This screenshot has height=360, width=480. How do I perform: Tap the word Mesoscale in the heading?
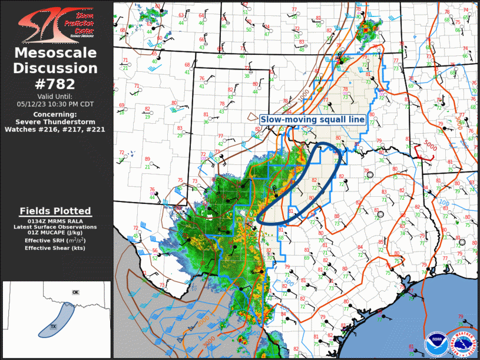pos(55,53)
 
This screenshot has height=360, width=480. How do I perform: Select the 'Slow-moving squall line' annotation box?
pos(313,120)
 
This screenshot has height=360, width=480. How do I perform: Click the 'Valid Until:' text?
pos(55,96)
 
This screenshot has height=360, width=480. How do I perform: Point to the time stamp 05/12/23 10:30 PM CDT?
pos(55,104)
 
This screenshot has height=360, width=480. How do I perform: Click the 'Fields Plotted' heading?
pos(55,211)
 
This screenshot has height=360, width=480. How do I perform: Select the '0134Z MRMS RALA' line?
pos(55,220)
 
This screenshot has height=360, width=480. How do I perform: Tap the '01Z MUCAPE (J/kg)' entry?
pos(55,233)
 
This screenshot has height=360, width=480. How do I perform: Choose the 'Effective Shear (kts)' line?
pos(55,248)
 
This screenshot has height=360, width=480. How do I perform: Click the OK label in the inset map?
pos(75,292)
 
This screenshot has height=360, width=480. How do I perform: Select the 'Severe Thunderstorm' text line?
pos(55,121)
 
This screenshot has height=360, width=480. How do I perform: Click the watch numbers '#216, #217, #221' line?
pos(55,129)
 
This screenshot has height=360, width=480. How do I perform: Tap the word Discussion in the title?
pos(55,68)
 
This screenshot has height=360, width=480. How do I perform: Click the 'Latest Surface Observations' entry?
pos(55,227)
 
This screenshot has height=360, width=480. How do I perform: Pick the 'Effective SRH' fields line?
pos(55,240)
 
